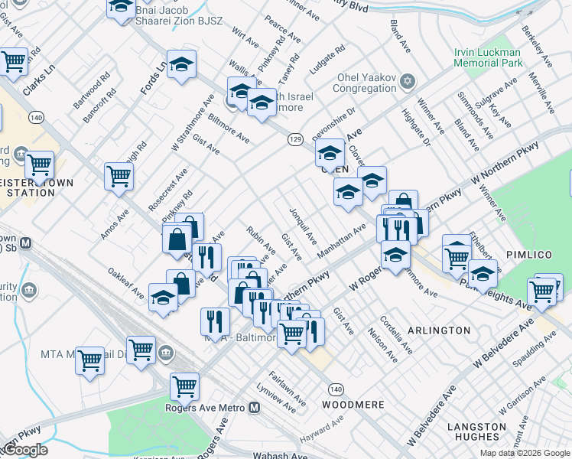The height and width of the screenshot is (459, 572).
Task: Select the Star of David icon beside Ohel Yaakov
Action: (x=408, y=81)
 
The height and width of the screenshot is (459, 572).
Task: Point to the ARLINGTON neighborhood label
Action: (x=440, y=330)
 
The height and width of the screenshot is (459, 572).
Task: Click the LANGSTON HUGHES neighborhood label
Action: (x=476, y=431)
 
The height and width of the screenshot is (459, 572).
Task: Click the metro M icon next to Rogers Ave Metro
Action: (x=254, y=408)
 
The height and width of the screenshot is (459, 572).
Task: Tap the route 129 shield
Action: (x=296, y=139)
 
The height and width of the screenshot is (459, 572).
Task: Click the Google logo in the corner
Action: (x=25, y=450)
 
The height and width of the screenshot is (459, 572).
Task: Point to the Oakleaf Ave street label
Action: (x=126, y=282)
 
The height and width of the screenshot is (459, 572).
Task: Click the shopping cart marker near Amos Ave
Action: (x=119, y=176)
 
